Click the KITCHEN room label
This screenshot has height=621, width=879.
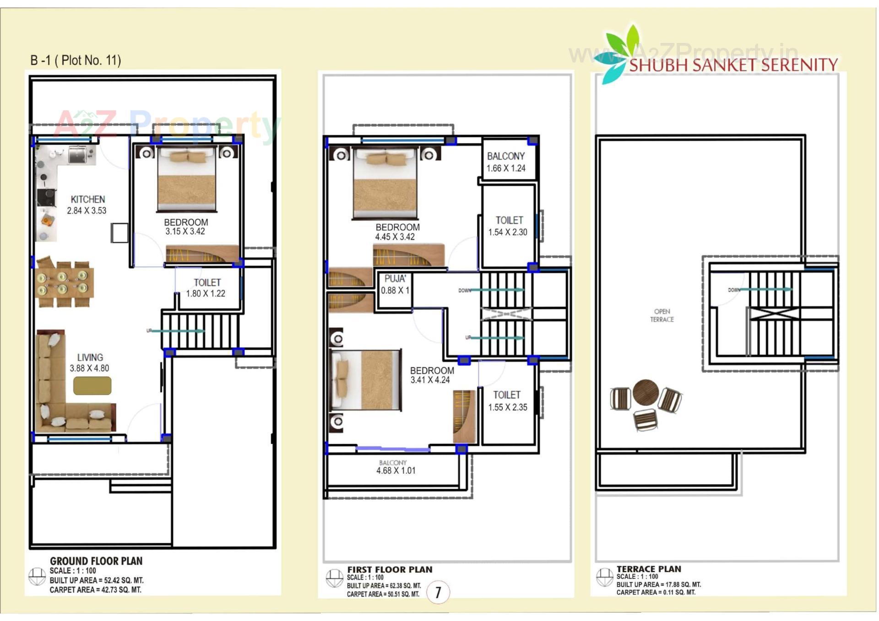[x=87, y=200]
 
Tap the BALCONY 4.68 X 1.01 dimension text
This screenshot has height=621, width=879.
[x=396, y=470]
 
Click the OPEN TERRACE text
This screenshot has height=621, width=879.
[x=662, y=315]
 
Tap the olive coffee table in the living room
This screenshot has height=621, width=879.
[x=92, y=385]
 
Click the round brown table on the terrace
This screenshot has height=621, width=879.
[x=646, y=393]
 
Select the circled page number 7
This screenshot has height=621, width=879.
[x=438, y=593]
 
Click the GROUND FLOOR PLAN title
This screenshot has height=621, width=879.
[x=96, y=561]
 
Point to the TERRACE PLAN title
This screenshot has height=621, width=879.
[x=648, y=569]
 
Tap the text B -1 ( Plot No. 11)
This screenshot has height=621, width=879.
[x=76, y=60]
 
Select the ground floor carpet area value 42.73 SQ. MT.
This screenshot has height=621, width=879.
[x=121, y=590]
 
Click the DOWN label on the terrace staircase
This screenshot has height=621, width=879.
[x=733, y=290]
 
